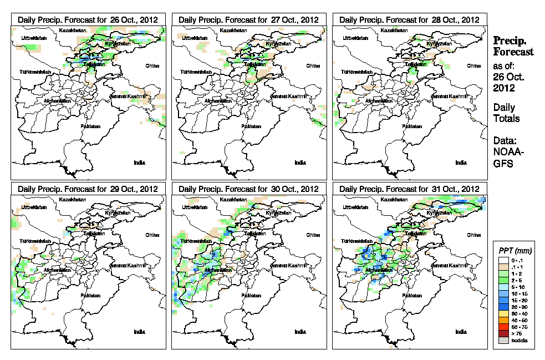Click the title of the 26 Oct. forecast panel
88,19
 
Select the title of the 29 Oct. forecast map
88,189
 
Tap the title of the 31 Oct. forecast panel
410,189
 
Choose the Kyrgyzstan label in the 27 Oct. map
278,43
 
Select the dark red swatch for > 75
502,333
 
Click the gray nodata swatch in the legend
502,340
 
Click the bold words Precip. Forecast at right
513,46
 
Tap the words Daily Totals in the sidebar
506,113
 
